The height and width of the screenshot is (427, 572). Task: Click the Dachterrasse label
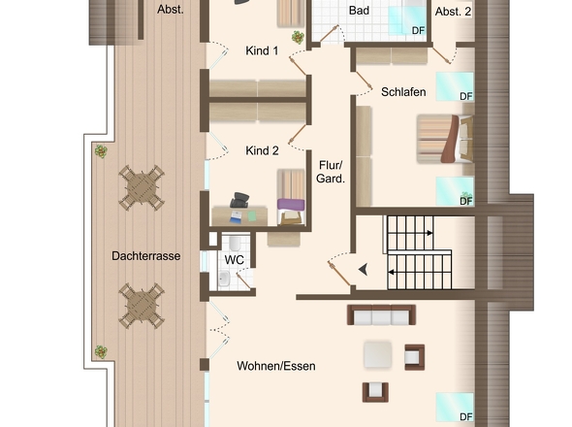(x=146, y=256)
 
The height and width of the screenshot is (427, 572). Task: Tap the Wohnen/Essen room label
(x=276, y=366)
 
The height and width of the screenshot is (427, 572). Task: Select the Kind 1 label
(x=262, y=50)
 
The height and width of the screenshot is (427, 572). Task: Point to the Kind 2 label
(x=262, y=150)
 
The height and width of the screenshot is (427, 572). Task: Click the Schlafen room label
(x=403, y=92)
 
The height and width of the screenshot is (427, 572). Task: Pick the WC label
(x=235, y=260)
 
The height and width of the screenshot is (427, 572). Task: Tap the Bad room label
(x=359, y=11)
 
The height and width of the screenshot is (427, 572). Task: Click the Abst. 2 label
(x=453, y=12)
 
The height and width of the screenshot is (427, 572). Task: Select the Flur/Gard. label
(x=331, y=172)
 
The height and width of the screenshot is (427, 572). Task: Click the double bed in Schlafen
(x=445, y=139)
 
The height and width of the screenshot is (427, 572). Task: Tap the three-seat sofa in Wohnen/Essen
(x=381, y=314)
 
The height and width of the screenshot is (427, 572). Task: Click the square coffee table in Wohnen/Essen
(x=378, y=354)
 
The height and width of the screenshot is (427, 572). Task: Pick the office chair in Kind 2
(x=239, y=200)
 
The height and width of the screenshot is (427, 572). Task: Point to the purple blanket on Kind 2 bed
(x=291, y=205)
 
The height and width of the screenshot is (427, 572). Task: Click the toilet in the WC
(x=235, y=243)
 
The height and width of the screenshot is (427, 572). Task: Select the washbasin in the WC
(x=224, y=279)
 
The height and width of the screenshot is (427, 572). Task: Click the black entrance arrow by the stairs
(x=364, y=270)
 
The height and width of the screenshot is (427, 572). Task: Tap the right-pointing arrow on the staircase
(x=430, y=233)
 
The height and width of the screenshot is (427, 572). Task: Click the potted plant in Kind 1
(x=298, y=37)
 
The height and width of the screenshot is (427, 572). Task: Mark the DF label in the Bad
(x=419, y=31)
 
